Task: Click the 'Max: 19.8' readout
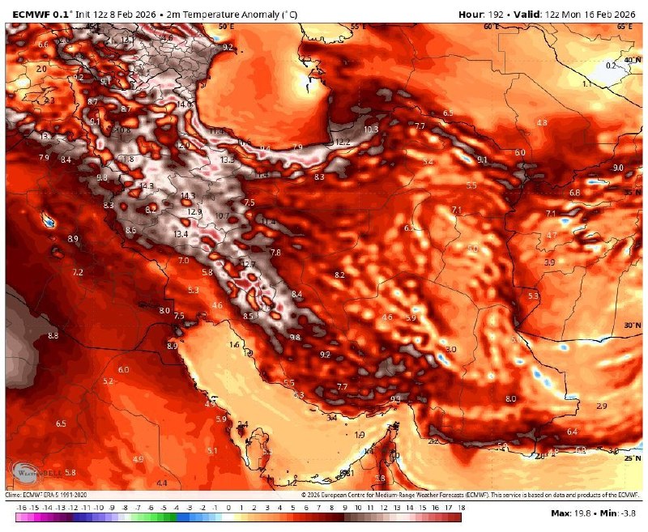575,513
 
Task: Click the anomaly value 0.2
612,65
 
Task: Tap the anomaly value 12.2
343,143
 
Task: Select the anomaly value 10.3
371,130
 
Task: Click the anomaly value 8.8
53,335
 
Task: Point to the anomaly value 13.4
181,234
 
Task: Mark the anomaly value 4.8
542,122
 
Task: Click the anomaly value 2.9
601,406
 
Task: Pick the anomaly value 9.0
618,168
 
